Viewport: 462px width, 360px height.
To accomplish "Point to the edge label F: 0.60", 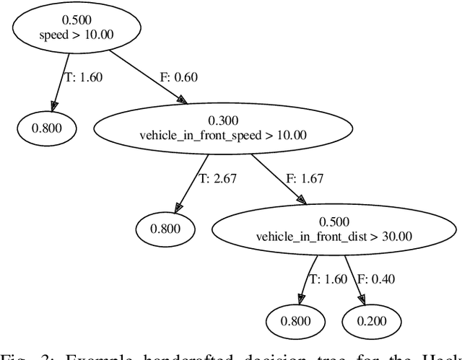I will tap(176, 77).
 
